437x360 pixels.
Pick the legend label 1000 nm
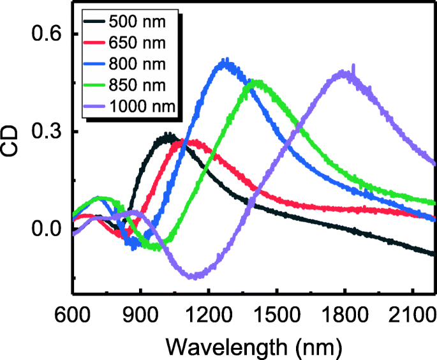pos(141,105)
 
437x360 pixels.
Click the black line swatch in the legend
pos(94,22)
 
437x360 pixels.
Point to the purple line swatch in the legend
pos(94,105)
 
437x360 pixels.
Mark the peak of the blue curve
pos(225,62)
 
